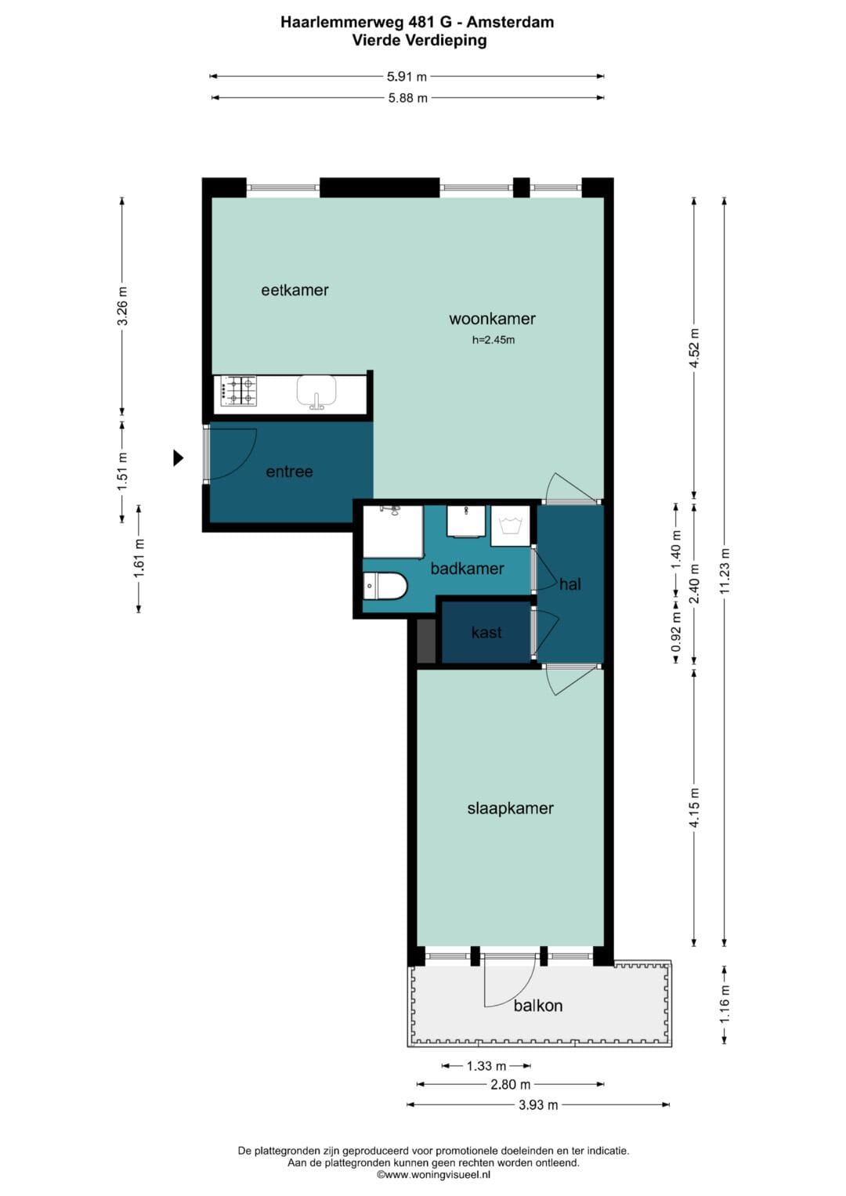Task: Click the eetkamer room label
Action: (295, 290)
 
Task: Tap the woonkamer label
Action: (492, 319)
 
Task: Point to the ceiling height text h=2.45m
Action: (493, 340)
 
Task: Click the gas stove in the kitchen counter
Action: (235, 391)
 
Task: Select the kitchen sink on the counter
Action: (316, 392)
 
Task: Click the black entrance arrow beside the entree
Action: (179, 457)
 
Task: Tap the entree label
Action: (289, 472)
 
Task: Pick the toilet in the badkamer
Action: (385, 586)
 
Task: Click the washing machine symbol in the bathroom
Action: (510, 526)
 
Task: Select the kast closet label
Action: (486, 633)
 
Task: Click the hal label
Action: (570, 584)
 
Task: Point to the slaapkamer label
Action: (510, 808)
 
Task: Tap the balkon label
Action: (538, 1006)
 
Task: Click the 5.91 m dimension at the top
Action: (407, 76)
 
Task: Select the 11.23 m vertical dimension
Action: (724, 571)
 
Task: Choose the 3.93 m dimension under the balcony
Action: (538, 1104)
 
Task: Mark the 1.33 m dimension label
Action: (486, 1066)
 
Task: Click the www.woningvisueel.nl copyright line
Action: (433, 1175)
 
